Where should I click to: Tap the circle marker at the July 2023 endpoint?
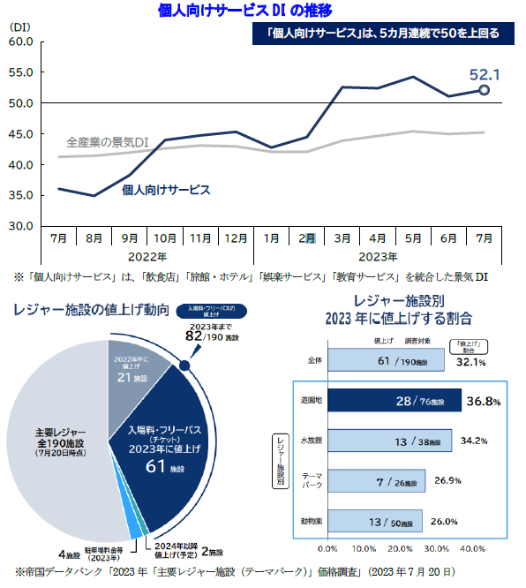point(485,89)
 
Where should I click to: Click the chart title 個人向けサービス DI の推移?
point(232,11)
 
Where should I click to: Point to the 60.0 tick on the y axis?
point(21,41)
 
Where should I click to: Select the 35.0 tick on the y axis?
point(21,195)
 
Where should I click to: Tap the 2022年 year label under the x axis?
point(147,256)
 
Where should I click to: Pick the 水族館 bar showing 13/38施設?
point(385,441)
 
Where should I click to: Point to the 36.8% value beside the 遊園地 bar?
point(484,401)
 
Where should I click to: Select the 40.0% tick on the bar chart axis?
point(472,548)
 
